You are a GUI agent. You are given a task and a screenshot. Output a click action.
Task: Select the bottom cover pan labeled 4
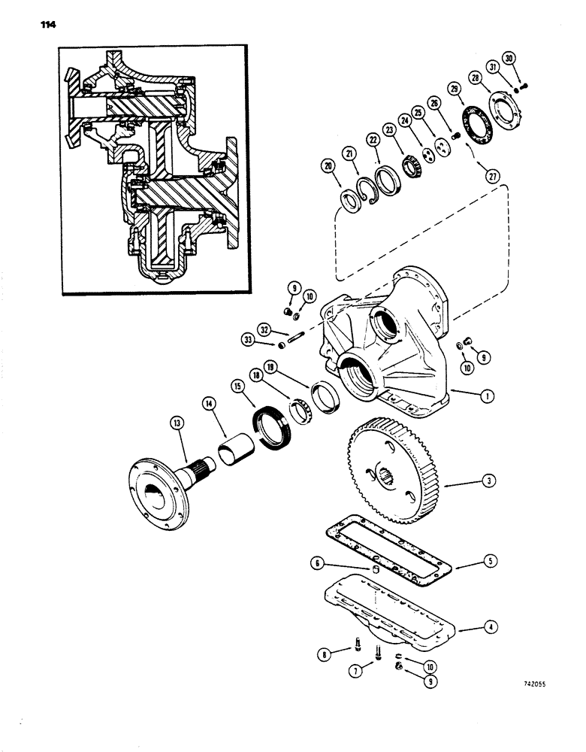[x=391, y=612]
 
